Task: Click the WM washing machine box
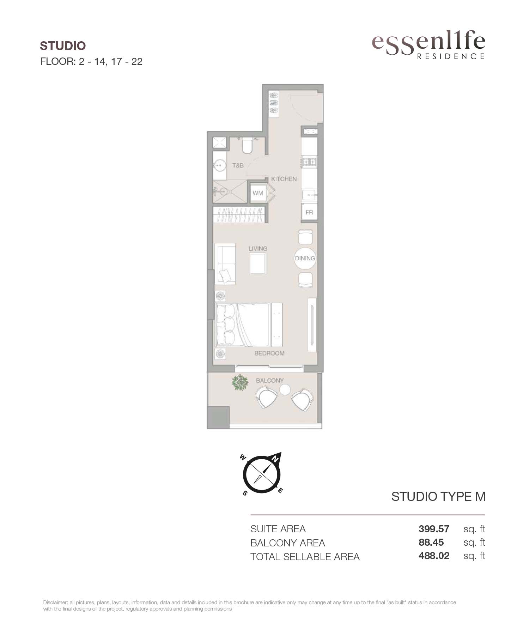pyautogui.click(x=258, y=193)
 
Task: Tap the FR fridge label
pyautogui.click(x=309, y=212)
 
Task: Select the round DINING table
pyautogui.click(x=305, y=258)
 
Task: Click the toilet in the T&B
pyautogui.click(x=247, y=146)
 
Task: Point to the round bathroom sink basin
pyautogui.click(x=220, y=165)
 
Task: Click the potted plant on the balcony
pyautogui.click(x=240, y=382)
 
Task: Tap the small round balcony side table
pyautogui.click(x=285, y=390)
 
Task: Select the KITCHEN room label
pyautogui.click(x=284, y=179)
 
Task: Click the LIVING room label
pyautogui.click(x=258, y=248)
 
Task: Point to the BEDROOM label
pyautogui.click(x=269, y=353)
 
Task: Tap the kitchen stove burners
pyautogui.click(x=309, y=162)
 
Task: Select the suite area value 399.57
pyautogui.click(x=434, y=529)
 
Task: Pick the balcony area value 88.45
pyautogui.click(x=431, y=542)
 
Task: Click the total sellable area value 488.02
pyautogui.click(x=434, y=556)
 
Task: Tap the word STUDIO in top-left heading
pyautogui.click(x=63, y=46)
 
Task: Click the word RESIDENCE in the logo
pyautogui.click(x=451, y=56)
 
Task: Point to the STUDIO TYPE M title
pyautogui.click(x=438, y=497)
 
